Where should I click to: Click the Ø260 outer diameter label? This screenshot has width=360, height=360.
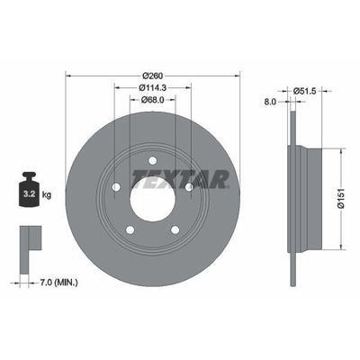click(x=150, y=74)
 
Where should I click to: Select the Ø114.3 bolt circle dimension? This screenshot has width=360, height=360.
click(x=150, y=87)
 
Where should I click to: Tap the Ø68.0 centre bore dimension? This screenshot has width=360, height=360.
click(x=150, y=100)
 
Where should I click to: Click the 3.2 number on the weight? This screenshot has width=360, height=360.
click(x=28, y=193)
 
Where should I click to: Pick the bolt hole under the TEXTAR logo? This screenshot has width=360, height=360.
click(x=189, y=187)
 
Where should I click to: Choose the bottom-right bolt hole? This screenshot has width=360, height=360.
click(x=174, y=230)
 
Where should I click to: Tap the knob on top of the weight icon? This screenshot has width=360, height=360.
click(x=29, y=176)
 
